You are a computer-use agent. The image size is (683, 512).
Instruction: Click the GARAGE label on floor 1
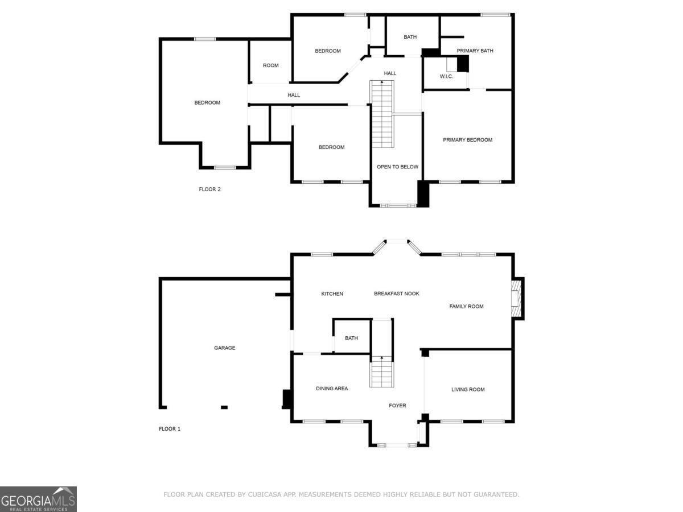coord(224,348)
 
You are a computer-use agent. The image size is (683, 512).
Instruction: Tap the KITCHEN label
coord(332,294)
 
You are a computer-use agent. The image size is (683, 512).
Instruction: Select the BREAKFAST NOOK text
coord(396,294)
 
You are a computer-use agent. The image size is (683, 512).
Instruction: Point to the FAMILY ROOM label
coord(466,306)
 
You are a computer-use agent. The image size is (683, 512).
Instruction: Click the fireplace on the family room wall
coord(517,298)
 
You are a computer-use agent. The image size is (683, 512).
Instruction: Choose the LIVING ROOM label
coord(468,390)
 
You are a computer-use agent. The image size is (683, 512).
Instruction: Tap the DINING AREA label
coord(332,389)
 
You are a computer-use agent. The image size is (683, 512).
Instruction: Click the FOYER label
coord(397,406)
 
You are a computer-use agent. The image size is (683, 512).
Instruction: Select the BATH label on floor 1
coord(351,338)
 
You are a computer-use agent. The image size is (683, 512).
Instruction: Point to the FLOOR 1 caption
coord(169,429)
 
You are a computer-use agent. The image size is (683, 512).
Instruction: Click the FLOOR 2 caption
coord(209,189)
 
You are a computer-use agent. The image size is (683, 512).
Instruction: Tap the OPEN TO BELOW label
coord(397,167)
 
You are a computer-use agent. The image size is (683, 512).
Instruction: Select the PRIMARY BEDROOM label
coord(467,140)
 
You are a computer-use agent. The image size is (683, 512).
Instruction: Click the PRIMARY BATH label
coord(475,51)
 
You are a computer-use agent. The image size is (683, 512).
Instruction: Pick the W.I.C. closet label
coord(446,76)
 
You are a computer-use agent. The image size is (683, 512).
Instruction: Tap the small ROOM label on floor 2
coord(270,65)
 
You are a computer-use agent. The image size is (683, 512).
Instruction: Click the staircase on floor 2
coord(382,114)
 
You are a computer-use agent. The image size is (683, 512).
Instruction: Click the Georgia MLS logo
coord(38,499)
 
